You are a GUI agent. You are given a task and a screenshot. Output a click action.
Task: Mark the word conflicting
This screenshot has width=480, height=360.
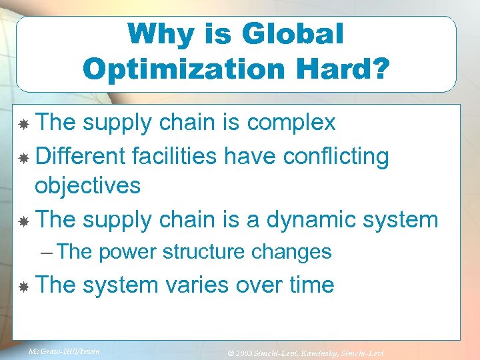(336, 156)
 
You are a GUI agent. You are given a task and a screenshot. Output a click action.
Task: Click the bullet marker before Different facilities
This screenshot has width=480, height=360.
(24, 157)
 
